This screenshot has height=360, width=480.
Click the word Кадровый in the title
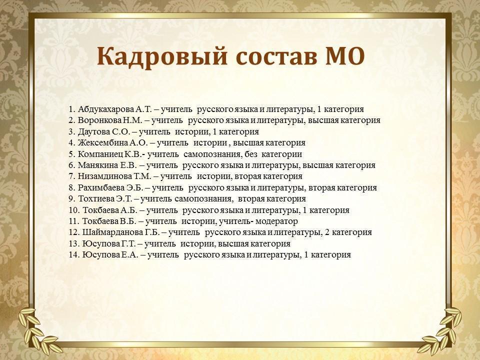click(162, 56)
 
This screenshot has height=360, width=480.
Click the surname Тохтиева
click(96, 198)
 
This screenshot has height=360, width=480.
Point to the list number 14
click(74, 254)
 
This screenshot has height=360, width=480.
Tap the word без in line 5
click(250, 154)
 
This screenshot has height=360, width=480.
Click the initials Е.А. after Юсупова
click(130, 254)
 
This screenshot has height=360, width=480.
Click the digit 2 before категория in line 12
click(327, 232)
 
